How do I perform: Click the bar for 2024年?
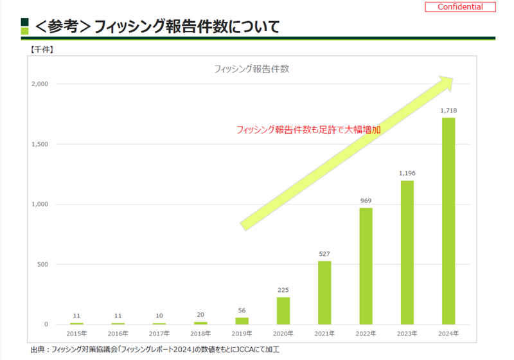coord(448,221)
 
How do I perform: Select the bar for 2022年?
coord(366,266)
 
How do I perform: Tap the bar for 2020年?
coord(283,310)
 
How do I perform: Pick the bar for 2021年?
coord(324,292)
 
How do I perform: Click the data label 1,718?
coord(448,111)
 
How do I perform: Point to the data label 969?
coord(366,201)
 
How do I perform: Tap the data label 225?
coord(283,290)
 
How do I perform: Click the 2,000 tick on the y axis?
coord(39,84)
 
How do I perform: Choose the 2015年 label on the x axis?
coord(77,333)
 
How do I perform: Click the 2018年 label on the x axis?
coord(200,333)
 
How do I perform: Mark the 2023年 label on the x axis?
coord(407,333)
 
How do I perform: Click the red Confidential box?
coord(459,7)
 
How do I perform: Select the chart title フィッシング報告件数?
coord(251,69)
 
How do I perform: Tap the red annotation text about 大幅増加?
coord(308,129)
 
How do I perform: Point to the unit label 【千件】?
coord(41,48)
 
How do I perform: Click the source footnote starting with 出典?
coord(155,350)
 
